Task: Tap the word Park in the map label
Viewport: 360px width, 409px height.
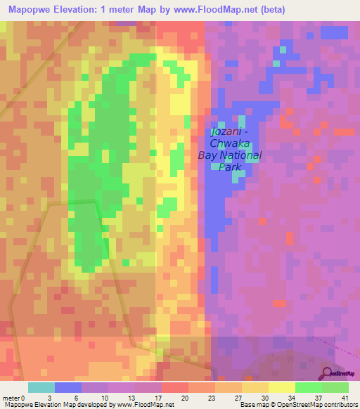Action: click(230, 167)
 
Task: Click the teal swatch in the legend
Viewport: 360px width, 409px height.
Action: click(41, 387)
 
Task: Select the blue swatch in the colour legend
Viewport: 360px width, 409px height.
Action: click(68, 387)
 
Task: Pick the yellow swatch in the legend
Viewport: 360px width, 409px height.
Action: click(281, 387)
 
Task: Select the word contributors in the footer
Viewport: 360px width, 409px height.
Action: click(340, 404)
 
